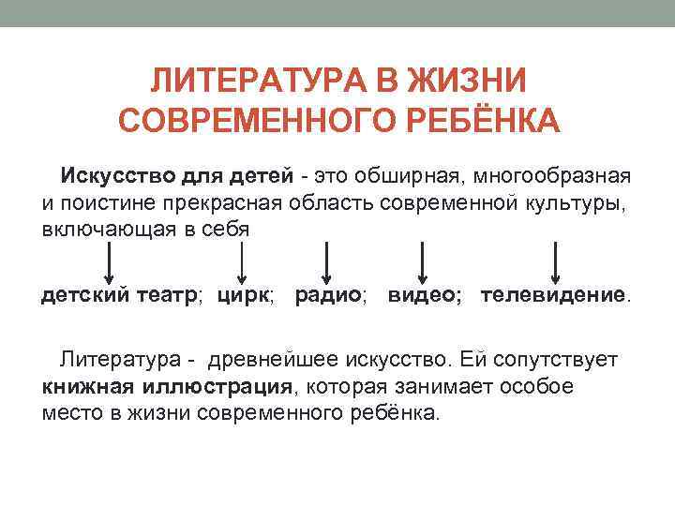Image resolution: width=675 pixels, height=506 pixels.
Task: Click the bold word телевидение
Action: tap(552, 296)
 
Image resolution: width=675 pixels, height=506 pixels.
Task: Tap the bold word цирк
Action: tap(243, 296)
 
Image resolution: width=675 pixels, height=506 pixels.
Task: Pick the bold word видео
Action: tap(422, 296)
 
